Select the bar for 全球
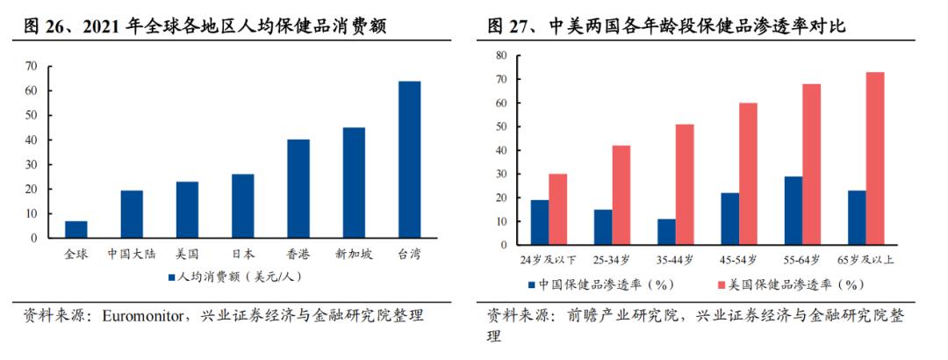(76, 229)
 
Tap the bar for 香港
(298, 189)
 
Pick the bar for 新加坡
(354, 183)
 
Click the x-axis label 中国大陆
(132, 254)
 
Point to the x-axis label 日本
(243, 254)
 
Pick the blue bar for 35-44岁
(667, 232)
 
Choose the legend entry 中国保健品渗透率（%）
(606, 284)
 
